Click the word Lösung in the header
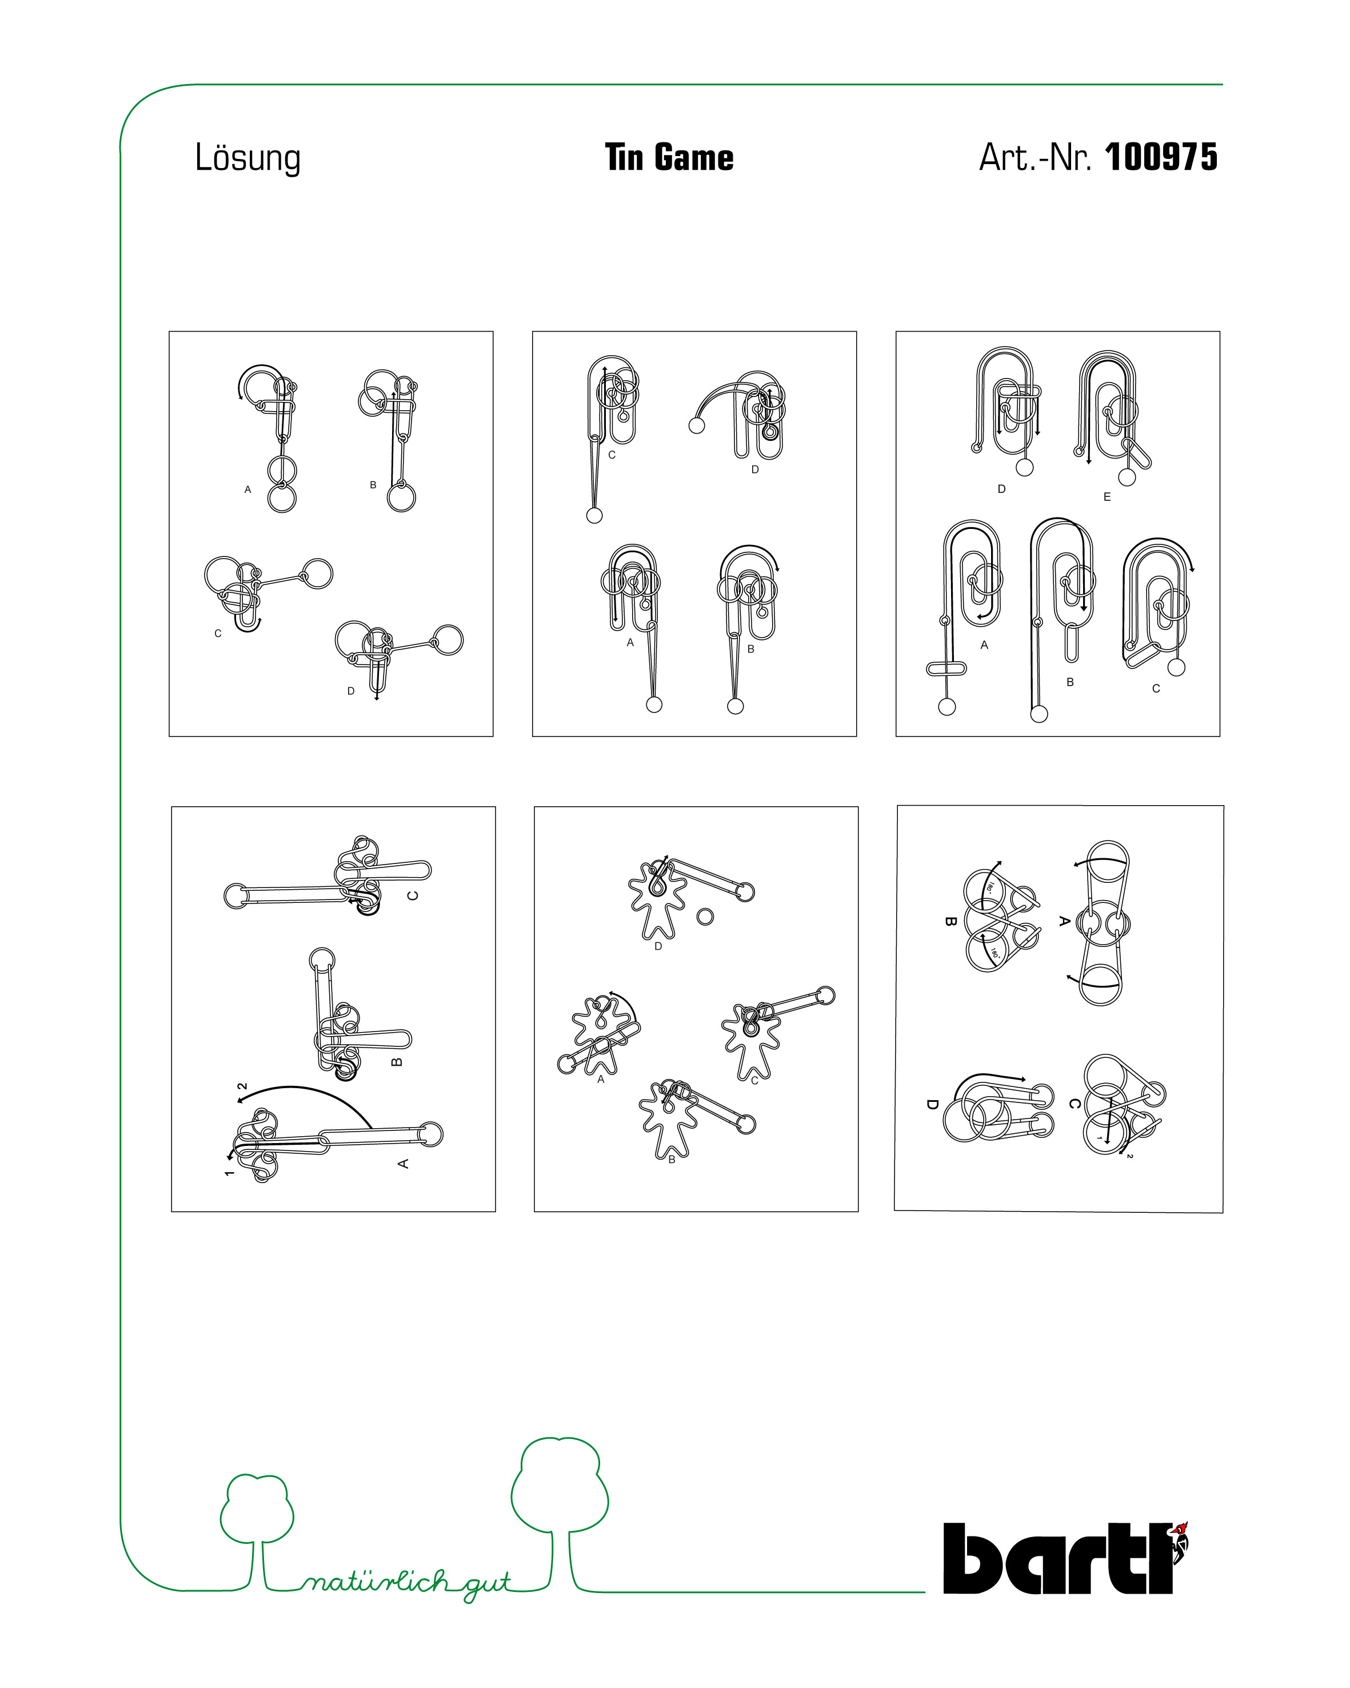tap(247, 159)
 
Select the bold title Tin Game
tap(669, 157)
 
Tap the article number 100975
tap(1161, 157)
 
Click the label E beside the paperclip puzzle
tap(1107, 496)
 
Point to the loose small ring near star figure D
tap(705, 916)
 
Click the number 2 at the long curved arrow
tap(242, 1086)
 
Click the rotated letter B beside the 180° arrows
tap(951, 921)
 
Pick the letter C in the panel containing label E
tap(1156, 688)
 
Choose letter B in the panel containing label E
tap(1070, 682)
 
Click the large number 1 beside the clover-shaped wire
tap(229, 1173)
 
